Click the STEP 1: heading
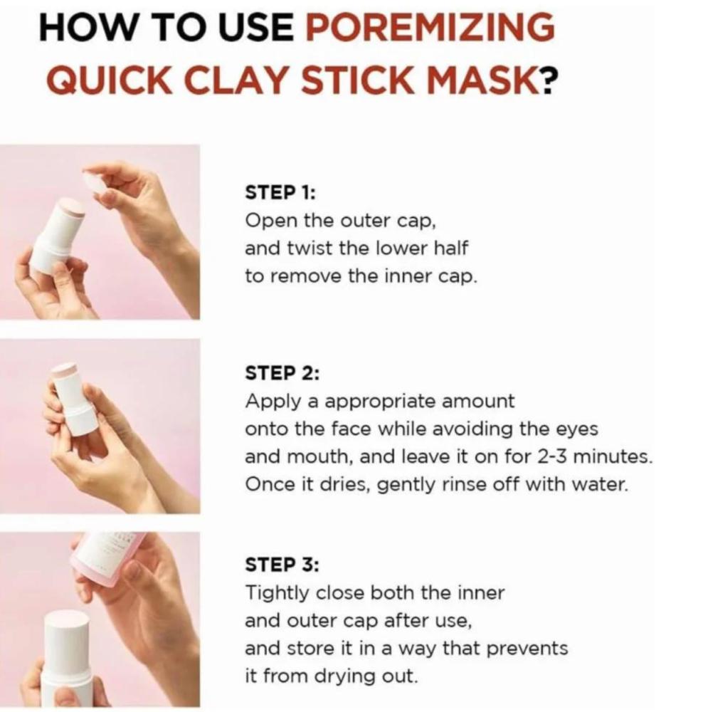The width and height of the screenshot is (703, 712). coord(280,192)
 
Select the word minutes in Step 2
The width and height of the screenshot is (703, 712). coord(613,456)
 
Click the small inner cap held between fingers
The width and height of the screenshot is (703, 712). coord(99,182)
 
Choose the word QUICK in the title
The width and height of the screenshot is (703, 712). coord(107,80)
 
